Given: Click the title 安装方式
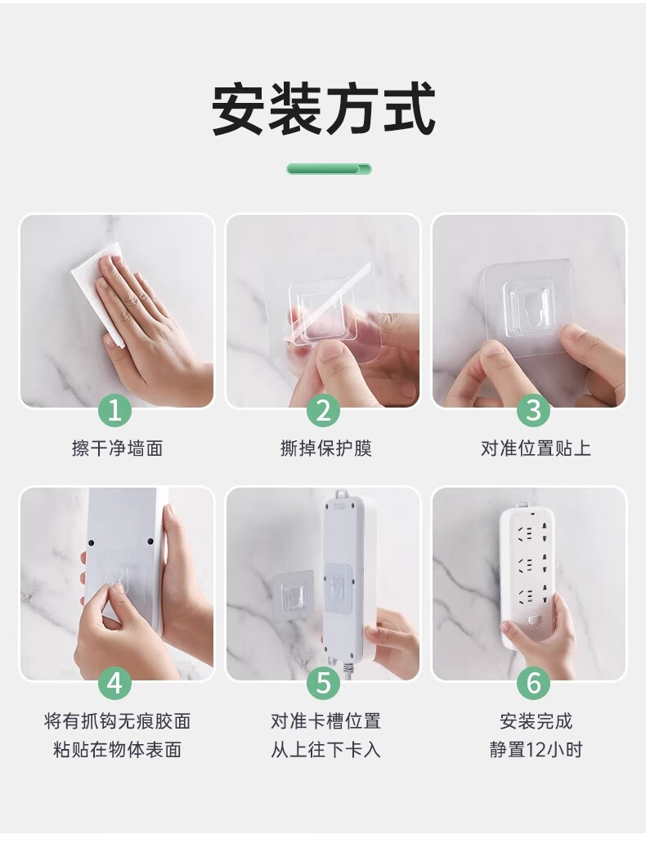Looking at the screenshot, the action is [324, 109].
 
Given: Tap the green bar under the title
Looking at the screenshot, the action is [329, 169].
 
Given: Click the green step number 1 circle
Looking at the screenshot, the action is [114, 410].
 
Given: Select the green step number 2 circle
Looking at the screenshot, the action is [323, 410].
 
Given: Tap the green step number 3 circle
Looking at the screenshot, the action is [533, 410].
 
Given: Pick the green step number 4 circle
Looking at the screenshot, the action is [114, 684].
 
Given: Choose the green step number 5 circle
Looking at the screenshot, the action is [323, 684].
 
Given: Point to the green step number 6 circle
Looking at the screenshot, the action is [533, 684].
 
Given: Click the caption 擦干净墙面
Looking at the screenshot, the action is [117, 448].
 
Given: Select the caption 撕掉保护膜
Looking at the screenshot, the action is [325, 448].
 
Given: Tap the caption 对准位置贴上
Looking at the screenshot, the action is [536, 448].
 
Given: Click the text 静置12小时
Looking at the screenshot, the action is [536, 750].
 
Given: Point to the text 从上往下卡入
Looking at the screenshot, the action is [325, 750].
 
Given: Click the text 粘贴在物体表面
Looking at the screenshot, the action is [117, 750].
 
